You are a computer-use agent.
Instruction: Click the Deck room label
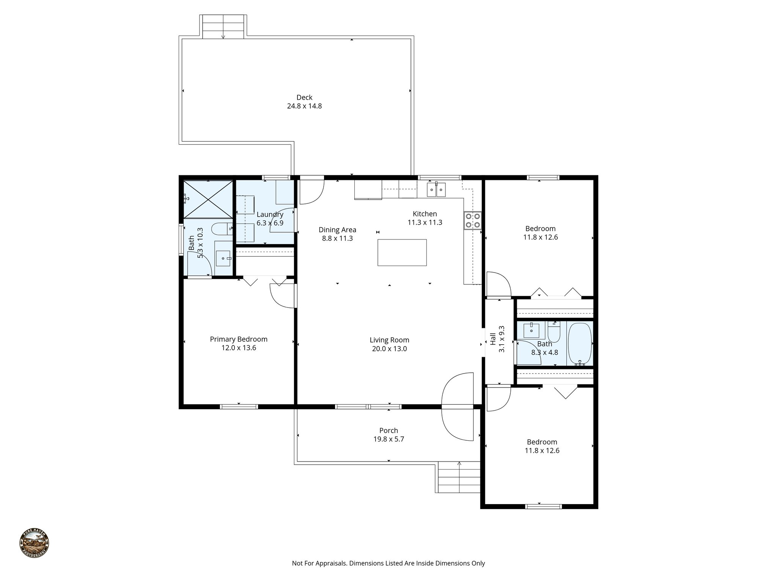(304, 98)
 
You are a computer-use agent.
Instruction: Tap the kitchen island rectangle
(402, 252)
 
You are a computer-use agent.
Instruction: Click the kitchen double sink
(436, 189)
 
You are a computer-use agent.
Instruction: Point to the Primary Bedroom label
(239, 339)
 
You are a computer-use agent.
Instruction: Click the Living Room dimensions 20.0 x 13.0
(389, 349)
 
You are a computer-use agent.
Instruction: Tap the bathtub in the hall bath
(579, 344)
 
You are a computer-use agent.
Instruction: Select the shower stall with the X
(208, 199)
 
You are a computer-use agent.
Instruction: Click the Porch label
(388, 430)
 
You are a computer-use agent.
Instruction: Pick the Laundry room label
(270, 215)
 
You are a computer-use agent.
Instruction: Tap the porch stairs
(459, 477)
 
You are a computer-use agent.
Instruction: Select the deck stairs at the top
(223, 27)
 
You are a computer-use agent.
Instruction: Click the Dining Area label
(337, 230)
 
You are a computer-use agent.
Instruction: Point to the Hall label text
(493, 339)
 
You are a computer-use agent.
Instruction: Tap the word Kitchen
(425, 214)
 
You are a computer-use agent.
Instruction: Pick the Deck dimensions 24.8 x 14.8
(304, 106)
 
